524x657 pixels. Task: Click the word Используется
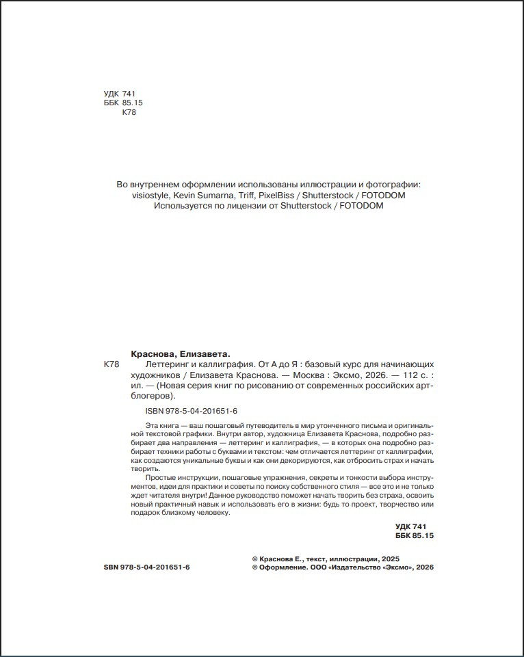point(183,206)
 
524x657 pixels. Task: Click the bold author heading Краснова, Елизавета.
point(180,354)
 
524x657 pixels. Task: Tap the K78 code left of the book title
point(110,365)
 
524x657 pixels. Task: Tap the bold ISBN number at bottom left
point(146,567)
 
